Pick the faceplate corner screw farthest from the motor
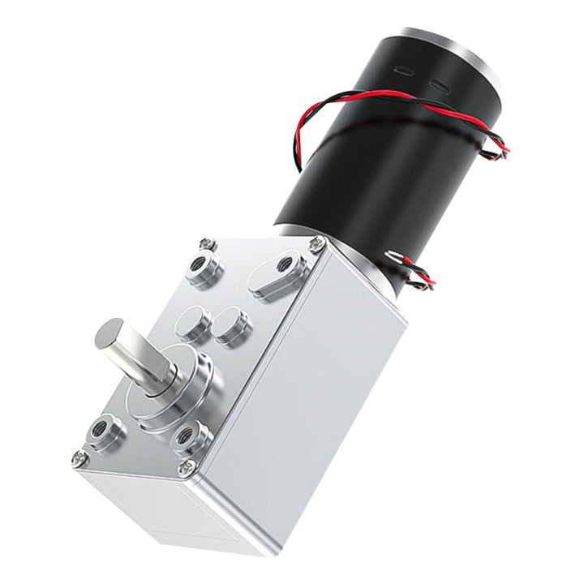click(79, 458)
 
